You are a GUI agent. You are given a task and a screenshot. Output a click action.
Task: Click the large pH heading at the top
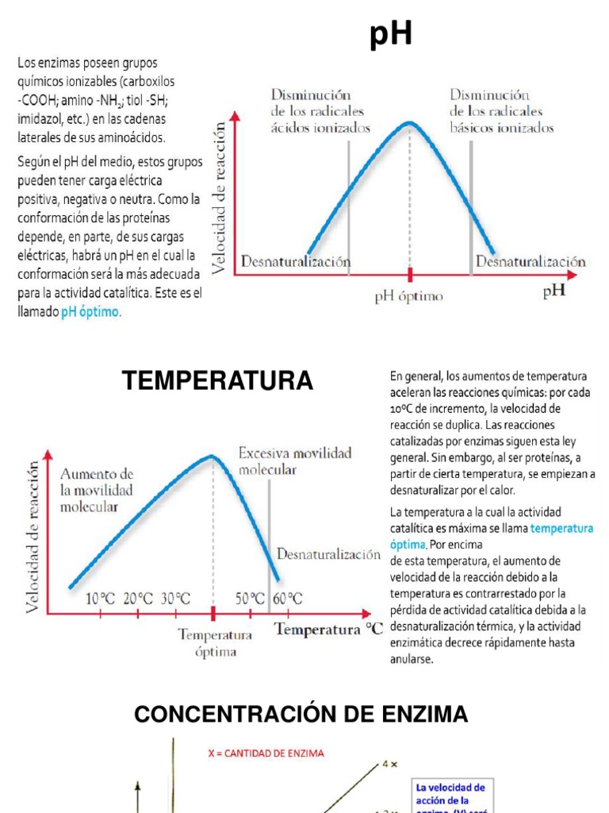click(x=392, y=36)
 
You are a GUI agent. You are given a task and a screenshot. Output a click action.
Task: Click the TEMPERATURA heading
click(x=217, y=381)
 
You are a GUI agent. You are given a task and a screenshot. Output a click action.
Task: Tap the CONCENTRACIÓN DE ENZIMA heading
click(x=301, y=715)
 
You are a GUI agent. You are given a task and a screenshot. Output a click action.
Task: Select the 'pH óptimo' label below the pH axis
click(x=409, y=297)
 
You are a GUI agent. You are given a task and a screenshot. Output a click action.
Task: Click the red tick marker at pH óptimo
click(x=410, y=275)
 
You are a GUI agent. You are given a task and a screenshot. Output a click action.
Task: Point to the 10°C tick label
click(x=101, y=598)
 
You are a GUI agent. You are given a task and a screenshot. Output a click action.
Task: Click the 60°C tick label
click(x=288, y=598)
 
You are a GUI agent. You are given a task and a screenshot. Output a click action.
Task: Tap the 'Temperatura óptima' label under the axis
click(x=215, y=643)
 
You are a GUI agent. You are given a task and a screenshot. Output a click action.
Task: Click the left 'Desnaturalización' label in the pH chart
click(x=296, y=260)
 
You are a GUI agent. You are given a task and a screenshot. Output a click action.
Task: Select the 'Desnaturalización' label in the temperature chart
click(x=328, y=554)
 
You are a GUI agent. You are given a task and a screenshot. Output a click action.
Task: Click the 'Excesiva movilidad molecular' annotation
click(x=295, y=460)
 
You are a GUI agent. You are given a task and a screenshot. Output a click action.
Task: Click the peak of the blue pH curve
click(x=409, y=122)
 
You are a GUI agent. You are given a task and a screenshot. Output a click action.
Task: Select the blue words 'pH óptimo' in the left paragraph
click(x=91, y=312)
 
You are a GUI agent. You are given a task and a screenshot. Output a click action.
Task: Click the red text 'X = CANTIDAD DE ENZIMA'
click(x=266, y=753)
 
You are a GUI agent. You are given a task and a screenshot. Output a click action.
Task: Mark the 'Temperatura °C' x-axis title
click(x=328, y=630)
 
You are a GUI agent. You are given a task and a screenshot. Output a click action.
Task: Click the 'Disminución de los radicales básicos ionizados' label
click(x=501, y=110)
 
